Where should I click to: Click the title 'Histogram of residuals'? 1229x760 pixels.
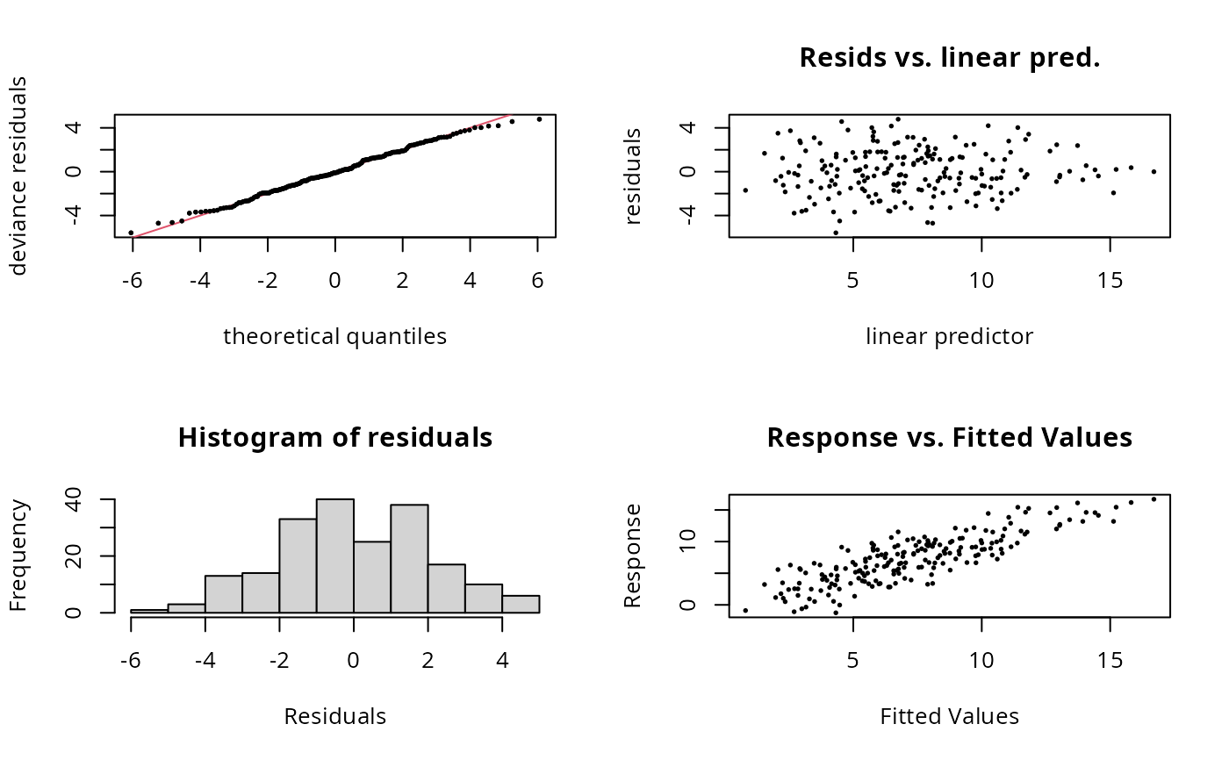tap(334, 438)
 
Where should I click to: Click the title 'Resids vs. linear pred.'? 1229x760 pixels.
tap(949, 59)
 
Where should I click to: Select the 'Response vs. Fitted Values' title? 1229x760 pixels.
tap(949, 438)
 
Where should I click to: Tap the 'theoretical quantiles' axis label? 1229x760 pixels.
tap(334, 336)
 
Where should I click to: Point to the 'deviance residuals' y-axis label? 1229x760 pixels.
tap(19, 176)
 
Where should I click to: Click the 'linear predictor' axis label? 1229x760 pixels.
tap(949, 336)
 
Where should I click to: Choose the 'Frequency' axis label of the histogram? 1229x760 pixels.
tap(19, 556)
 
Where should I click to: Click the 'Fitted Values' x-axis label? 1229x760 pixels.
tap(949, 716)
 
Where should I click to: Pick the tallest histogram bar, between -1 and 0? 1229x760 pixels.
tap(334, 556)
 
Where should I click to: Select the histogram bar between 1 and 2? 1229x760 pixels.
tap(409, 558)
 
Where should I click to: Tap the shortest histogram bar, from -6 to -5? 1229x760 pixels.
tap(149, 610)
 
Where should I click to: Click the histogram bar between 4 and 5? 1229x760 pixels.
tap(521, 604)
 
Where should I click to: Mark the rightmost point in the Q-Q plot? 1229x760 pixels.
tap(539, 119)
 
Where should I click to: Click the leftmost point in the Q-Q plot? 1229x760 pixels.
tap(131, 233)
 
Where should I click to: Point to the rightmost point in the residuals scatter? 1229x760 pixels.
tap(1154, 171)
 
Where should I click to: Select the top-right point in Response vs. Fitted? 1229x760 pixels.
tap(1154, 499)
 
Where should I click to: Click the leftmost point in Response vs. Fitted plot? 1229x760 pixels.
tap(745, 610)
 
